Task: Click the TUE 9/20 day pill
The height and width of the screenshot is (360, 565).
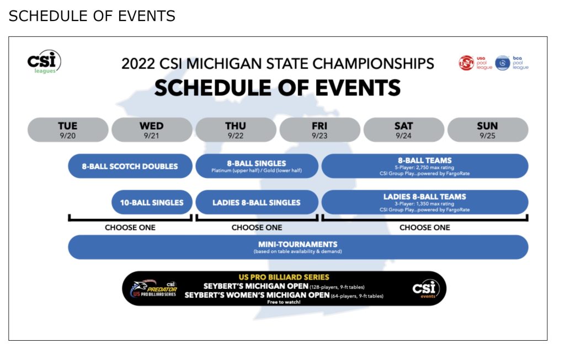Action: [68, 130]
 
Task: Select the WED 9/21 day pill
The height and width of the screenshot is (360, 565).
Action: [152, 130]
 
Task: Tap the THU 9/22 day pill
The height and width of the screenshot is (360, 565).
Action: [236, 130]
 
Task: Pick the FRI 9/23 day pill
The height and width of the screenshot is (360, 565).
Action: [319, 130]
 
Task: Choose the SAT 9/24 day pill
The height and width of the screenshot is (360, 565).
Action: [403, 130]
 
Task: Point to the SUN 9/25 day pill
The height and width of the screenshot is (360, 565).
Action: [487, 130]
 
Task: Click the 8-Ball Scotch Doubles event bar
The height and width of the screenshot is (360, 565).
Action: [130, 166]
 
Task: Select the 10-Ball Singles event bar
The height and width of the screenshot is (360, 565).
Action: [152, 202]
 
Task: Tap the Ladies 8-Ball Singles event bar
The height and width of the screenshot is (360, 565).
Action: [257, 202]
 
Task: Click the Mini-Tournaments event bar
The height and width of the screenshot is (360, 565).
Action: [298, 247]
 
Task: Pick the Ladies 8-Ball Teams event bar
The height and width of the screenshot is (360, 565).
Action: [425, 202]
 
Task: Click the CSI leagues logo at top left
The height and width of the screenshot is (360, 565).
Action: [44, 62]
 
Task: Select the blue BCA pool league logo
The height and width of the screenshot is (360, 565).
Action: [511, 63]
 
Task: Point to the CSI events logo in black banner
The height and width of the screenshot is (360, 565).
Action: [425, 289]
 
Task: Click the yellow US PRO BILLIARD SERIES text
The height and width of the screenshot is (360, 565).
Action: [284, 277]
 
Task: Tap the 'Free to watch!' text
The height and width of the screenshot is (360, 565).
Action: [284, 302]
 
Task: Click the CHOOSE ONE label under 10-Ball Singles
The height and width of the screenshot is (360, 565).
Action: [130, 227]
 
